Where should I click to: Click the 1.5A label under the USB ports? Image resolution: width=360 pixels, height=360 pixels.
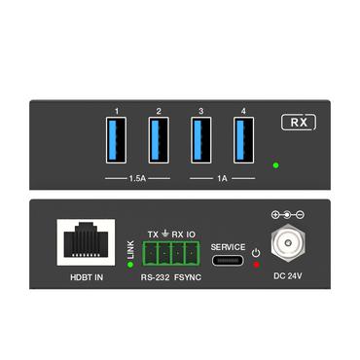pos(137,180)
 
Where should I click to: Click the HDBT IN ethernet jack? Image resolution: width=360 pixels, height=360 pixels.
pos(86,240)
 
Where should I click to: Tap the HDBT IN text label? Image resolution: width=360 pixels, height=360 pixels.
pos(86,276)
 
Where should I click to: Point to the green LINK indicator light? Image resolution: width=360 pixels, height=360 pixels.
pos(129,264)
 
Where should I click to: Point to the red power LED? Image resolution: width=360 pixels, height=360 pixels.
pos(256,265)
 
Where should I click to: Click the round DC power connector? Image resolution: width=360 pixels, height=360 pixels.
pos(288,243)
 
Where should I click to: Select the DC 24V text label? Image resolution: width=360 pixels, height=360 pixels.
pos(288,276)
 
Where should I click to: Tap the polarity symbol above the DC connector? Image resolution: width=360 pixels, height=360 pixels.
pos(288,213)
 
